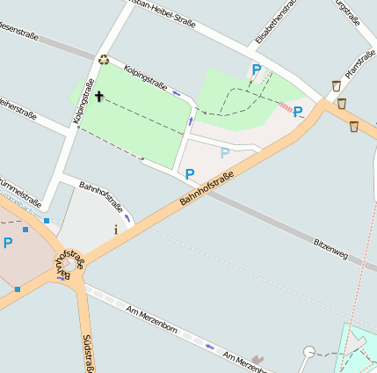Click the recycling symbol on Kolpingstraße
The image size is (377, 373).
[x=104, y=60]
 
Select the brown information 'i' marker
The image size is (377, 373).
[x=115, y=230]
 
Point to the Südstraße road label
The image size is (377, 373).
[x=88, y=351]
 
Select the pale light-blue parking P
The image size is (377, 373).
[x=225, y=153]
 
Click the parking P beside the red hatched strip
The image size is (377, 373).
[x=298, y=112]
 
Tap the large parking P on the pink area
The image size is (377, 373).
[x=9, y=243]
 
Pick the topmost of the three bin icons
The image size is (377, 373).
[x=337, y=86]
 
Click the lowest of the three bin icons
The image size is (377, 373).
[x=353, y=127]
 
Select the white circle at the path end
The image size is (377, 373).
[x=308, y=352]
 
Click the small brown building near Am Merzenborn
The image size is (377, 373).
[x=257, y=359]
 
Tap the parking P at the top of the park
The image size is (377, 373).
[x=257, y=69]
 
